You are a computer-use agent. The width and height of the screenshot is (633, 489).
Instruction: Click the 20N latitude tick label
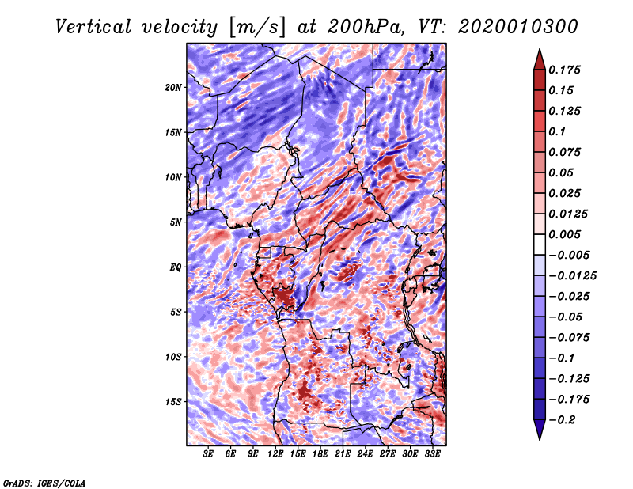tap(173, 88)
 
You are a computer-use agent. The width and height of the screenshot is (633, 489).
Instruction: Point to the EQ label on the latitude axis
tap(176, 267)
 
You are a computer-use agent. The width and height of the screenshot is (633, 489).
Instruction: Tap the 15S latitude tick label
tap(173, 402)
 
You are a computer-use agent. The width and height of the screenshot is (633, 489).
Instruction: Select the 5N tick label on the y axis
tap(176, 222)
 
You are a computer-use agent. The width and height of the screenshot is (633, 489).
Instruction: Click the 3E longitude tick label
tap(208, 453)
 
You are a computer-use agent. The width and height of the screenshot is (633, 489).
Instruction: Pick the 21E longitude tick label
tap(343, 453)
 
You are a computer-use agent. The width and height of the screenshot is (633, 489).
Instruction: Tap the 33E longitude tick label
tap(432, 453)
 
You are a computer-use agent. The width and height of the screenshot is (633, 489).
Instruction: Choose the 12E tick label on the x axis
tap(275, 453)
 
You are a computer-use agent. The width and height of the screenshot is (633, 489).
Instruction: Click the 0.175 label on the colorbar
tap(564, 70)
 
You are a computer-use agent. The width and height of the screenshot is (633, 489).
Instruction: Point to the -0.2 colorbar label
tap(562, 420)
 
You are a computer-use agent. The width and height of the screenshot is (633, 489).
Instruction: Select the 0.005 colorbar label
tap(564, 234)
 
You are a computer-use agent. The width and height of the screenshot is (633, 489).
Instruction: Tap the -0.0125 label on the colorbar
tap(572, 276)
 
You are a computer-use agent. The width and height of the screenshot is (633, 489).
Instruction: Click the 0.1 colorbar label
tap(557, 131)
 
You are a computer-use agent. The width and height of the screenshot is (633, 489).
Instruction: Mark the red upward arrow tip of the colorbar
tap(540, 50)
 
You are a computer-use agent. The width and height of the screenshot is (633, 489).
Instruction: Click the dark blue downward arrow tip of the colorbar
tap(540, 439)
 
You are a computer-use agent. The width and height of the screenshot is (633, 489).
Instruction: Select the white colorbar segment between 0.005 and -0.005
tap(540, 244)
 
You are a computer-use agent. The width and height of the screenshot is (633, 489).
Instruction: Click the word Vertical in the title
tap(93, 27)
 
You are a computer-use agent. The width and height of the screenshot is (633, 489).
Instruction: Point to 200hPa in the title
tap(365, 27)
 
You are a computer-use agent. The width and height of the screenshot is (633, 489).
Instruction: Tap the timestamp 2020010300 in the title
tap(518, 27)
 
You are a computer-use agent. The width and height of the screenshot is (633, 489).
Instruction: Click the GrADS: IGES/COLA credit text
tap(44, 483)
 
